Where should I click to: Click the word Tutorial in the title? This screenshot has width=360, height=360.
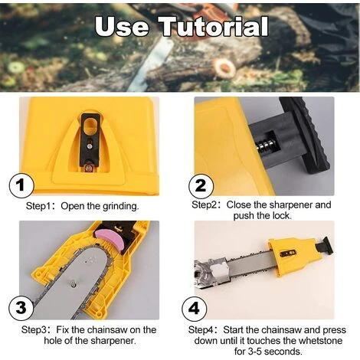[214, 26]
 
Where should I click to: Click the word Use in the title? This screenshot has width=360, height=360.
[122, 27]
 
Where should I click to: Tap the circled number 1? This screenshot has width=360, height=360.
[21, 185]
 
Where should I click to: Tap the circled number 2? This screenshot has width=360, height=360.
[201, 185]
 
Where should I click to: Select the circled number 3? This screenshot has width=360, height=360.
[21, 307]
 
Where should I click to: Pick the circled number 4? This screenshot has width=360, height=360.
[194, 309]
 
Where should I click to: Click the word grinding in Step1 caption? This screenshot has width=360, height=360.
[120, 206]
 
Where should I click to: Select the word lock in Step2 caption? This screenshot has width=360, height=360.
[282, 216]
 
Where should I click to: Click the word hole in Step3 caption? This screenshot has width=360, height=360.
[53, 341]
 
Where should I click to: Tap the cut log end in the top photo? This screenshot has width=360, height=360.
[224, 67]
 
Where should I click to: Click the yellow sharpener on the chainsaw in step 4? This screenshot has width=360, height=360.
[293, 256]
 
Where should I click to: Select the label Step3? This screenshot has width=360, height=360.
[34, 329]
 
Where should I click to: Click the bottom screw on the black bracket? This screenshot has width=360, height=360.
[89, 168]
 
